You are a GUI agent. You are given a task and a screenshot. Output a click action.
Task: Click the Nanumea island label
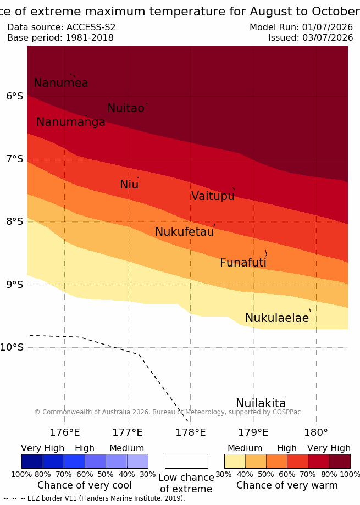click(61, 83)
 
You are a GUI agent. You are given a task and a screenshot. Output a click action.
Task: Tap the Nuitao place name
click(126, 108)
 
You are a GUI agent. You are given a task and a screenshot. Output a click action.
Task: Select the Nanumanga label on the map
click(71, 122)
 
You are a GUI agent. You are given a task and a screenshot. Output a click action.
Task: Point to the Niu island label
click(129, 184)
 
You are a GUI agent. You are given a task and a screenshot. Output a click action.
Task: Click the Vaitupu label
click(213, 196)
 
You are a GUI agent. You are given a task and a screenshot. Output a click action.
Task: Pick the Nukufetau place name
click(185, 231)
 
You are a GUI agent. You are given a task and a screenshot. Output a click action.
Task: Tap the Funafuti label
click(243, 262)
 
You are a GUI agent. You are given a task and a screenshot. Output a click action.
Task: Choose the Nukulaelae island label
click(277, 318)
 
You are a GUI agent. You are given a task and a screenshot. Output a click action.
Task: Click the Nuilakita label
click(261, 403)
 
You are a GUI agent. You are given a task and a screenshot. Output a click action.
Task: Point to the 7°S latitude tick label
click(14, 159)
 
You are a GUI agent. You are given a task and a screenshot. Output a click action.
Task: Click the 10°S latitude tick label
click(12, 347)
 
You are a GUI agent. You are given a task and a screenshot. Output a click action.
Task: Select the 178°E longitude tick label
click(190, 432)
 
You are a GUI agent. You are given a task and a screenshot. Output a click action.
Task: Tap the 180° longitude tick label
click(316, 432)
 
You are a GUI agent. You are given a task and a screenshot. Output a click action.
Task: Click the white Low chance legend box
click(186, 461)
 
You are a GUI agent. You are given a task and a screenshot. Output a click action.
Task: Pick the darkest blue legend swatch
click(32, 461)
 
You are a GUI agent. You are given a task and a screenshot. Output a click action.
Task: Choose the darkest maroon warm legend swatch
click(340, 461)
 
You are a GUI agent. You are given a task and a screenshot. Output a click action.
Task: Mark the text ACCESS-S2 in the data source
click(91, 27)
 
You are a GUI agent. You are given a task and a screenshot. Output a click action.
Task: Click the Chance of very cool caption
click(84, 485)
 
